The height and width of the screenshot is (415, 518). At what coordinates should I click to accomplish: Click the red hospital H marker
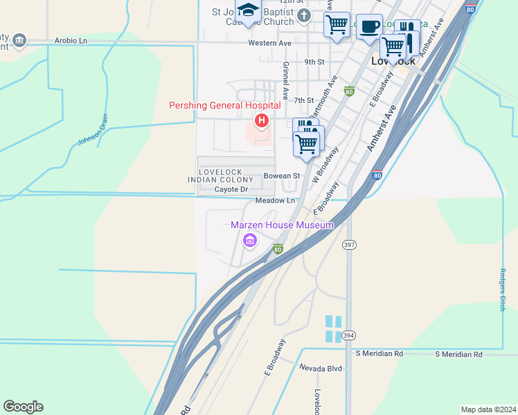tap(262, 122)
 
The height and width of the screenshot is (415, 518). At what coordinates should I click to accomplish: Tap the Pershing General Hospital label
tap(225, 105)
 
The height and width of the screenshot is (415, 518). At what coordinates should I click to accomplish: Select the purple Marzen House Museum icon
tap(249, 240)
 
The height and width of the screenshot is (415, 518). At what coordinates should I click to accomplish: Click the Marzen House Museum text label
tap(283, 224)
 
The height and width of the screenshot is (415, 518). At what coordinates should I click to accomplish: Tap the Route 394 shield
tap(348, 335)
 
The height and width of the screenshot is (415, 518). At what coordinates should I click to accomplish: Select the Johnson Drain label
tap(89, 134)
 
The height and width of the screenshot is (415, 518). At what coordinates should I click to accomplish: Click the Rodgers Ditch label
tap(503, 290)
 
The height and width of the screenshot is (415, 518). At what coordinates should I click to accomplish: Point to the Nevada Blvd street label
tap(321, 369)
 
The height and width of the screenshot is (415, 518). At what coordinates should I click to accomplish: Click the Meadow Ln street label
tap(275, 201)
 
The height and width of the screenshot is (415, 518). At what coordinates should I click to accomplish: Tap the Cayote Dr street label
tap(231, 189)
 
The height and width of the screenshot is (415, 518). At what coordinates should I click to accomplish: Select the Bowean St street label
tap(281, 176)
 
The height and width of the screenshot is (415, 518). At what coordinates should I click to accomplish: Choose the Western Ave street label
tap(269, 43)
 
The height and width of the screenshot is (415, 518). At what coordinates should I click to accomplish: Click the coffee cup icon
tap(370, 26)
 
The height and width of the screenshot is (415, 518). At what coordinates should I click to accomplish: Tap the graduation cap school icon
tap(247, 10)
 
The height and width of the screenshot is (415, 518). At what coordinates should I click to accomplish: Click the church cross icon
tap(303, 15)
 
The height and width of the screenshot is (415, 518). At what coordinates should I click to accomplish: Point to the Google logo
tap(23, 407)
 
